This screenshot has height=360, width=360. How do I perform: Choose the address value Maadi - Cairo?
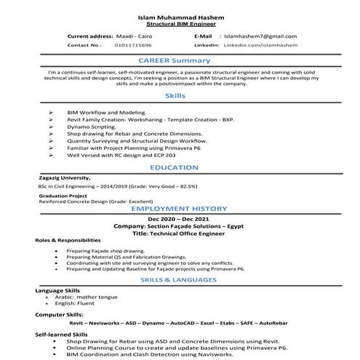click(x=134, y=36)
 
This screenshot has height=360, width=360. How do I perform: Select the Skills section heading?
click(x=175, y=95)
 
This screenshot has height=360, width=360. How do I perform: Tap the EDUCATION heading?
click(x=175, y=167)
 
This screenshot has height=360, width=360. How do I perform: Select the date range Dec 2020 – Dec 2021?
click(x=179, y=219)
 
